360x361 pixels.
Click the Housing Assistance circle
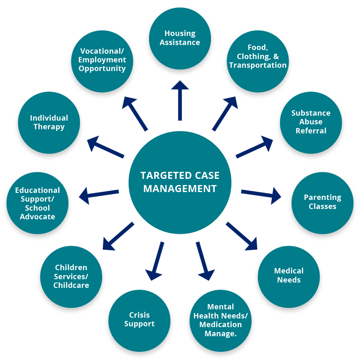click(180, 38)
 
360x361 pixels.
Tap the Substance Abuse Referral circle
click(311, 122)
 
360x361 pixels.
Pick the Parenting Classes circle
click(322, 202)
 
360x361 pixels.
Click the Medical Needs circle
click(289, 275)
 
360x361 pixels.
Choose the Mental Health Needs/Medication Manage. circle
click(220, 320)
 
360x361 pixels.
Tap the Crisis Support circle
click(139, 320)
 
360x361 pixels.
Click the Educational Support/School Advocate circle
click(38, 203)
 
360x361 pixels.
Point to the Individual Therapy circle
click(49, 122)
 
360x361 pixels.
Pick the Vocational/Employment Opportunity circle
click(102, 60)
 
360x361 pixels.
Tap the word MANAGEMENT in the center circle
click(180, 189)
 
